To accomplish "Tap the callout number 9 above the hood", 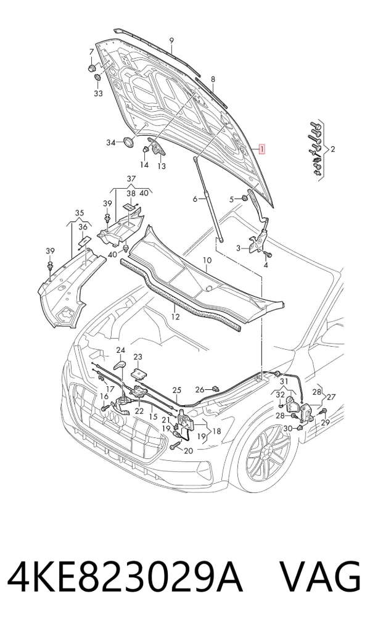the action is tap(171, 40).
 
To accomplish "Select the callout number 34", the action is tap(110, 143).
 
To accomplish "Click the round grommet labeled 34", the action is tap(128, 142).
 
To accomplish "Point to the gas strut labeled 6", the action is tap(210, 199).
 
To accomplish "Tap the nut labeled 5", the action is tap(243, 198).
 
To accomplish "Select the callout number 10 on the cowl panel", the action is tap(207, 261).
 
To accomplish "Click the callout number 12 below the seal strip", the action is tap(175, 317).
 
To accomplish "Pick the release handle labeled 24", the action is tap(120, 365).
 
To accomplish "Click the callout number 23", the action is tap(138, 357).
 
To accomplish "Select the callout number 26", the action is tap(200, 389).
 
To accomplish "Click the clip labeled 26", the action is tap(216, 388).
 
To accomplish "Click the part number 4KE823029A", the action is tap(125, 578).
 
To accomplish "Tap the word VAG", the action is tap(320, 578).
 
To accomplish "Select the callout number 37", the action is tap(131, 179).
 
